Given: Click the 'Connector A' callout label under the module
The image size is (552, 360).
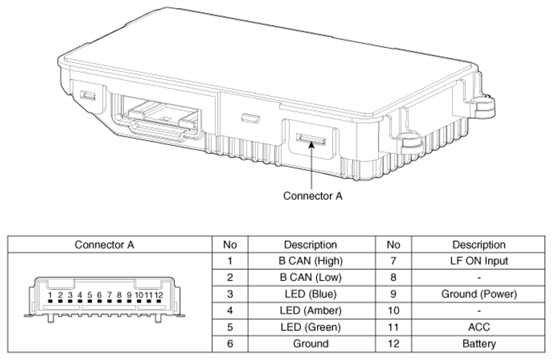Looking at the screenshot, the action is click(313, 196).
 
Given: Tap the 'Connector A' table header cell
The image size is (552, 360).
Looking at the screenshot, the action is click(104, 245).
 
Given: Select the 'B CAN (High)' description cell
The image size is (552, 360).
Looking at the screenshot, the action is click(310, 261).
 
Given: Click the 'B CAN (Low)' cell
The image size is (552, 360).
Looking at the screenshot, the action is click(310, 277).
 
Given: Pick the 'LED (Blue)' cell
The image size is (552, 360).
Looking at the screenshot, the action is click(310, 294).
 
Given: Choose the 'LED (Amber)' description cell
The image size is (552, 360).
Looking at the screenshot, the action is click(310, 311).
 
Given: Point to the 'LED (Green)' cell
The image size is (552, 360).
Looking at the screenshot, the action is click(310, 327).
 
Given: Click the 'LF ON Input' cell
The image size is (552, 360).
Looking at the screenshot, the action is click(479, 261).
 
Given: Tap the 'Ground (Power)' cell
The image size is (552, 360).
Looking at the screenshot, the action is click(479, 294).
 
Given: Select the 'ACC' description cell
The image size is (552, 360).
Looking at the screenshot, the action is click(479, 327).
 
